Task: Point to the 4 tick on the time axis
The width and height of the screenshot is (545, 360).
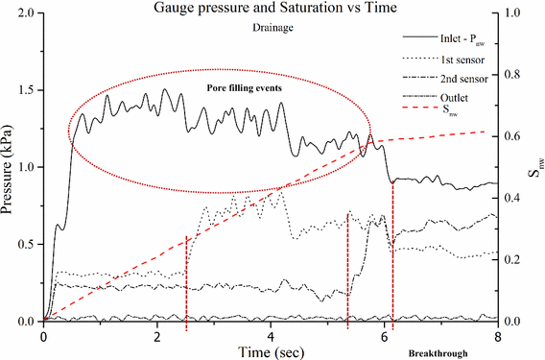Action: pos(271,335)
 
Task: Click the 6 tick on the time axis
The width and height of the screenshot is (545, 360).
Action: pos(384,335)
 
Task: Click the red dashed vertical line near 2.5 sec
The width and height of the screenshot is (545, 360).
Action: pos(186,278)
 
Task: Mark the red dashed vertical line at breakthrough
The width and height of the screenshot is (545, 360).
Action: pos(393,250)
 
